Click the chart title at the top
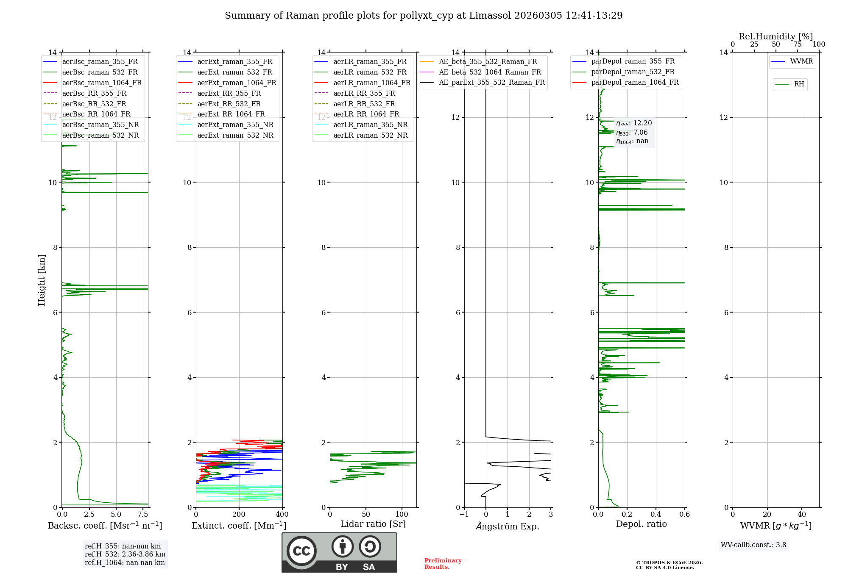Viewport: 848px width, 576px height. [x=424, y=16]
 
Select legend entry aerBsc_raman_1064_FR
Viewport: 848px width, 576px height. [x=102, y=83]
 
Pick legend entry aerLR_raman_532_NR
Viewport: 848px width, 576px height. [x=370, y=135]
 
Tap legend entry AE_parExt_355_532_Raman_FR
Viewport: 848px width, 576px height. [x=491, y=82]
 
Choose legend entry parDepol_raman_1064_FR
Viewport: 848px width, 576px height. [x=635, y=82]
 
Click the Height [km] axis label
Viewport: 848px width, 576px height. [x=42, y=280]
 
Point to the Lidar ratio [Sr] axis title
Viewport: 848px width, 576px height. [x=373, y=524]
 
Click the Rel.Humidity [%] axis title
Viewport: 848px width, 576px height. [x=775, y=36]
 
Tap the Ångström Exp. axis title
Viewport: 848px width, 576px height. [x=508, y=526]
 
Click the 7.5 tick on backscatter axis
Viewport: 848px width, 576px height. [x=143, y=515]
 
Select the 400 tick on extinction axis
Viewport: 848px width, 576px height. [x=282, y=515]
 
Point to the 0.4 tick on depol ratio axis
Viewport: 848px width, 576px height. [x=656, y=515]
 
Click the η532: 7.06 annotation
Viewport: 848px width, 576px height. [x=632, y=133]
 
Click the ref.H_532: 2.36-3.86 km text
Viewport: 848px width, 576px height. [x=125, y=554]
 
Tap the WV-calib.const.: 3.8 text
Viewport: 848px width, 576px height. [x=753, y=545]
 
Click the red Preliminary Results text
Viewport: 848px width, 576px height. [x=443, y=564]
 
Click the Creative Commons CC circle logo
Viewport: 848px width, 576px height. [x=301, y=551]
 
